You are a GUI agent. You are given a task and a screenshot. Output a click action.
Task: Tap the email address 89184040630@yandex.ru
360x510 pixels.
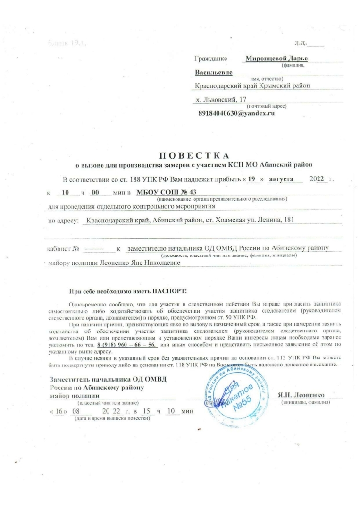pos(236,114)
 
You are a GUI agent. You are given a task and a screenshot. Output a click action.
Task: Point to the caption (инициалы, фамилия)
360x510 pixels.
pos(305,402)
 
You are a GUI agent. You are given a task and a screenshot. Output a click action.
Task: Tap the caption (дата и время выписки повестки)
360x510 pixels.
pos(109,418)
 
